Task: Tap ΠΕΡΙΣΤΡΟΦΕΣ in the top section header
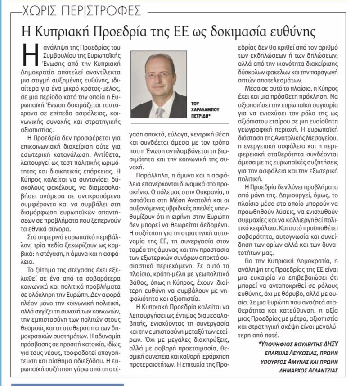coord(103,9)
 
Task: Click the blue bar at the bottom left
coord(67,384)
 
